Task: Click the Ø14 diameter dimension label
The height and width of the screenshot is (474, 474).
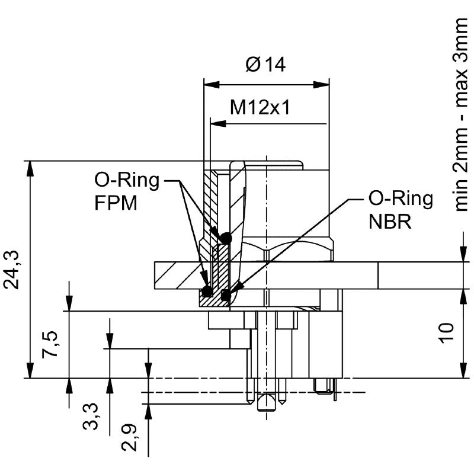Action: [x=265, y=64]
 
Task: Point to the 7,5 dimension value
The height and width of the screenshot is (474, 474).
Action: [x=52, y=344]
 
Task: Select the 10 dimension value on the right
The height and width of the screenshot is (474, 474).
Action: [x=446, y=332]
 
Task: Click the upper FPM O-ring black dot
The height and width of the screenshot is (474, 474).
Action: [x=225, y=238]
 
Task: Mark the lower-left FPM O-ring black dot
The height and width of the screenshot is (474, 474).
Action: [x=207, y=292]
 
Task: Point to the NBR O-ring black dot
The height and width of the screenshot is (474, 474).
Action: [x=225, y=294]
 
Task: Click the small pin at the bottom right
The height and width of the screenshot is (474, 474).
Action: [x=324, y=386]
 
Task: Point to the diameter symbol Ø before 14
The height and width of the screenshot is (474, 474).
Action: [x=251, y=64]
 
